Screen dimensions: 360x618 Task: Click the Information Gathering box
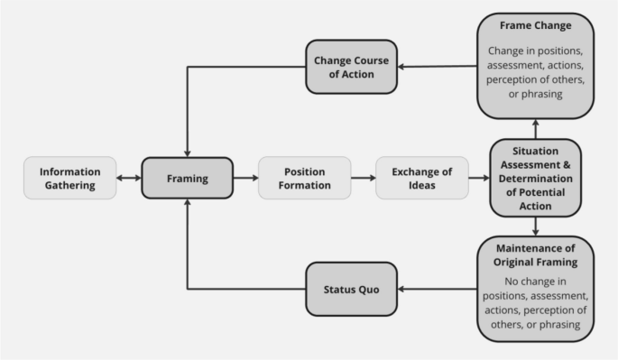(x=70, y=178)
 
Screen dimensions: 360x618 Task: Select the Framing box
(x=187, y=178)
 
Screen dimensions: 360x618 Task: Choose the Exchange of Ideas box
(x=421, y=178)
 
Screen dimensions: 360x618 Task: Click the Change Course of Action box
(x=351, y=66)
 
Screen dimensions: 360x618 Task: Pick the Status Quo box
(x=351, y=289)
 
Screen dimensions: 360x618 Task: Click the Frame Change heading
(x=535, y=25)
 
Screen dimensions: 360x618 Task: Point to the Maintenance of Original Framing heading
(x=535, y=254)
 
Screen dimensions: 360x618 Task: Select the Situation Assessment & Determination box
(x=535, y=178)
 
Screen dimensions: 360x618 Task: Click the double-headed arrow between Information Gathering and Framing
(x=128, y=178)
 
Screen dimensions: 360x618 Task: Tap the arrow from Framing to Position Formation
(x=244, y=178)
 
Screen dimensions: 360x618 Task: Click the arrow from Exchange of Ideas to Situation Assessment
(x=478, y=178)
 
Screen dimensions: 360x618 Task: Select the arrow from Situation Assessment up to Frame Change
(x=535, y=128)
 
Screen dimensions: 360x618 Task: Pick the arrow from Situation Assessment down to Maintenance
(x=535, y=226)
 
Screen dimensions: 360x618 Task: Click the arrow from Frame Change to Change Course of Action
(x=437, y=66)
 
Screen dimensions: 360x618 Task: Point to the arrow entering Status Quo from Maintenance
(x=437, y=289)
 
